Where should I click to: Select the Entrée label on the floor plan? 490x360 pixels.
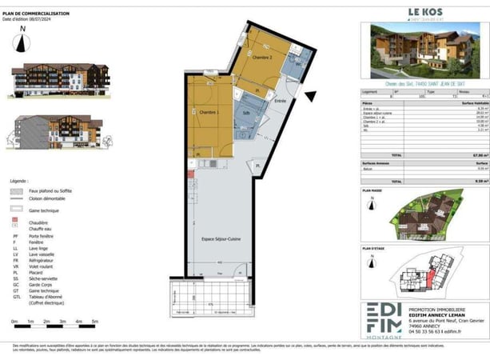(x=280, y=102)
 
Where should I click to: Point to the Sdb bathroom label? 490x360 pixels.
(x=245, y=113)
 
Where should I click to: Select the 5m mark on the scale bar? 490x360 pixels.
(x=95, y=320)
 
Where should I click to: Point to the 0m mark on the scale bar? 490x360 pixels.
(x=14, y=320)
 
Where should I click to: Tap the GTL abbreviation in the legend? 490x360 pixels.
(x=14, y=294)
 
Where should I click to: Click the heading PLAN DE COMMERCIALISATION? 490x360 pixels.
(x=36, y=14)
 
